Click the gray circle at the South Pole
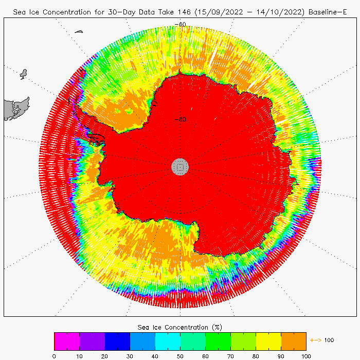pos(180,166)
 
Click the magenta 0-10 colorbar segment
pos(66,341)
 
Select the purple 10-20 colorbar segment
pos(92,341)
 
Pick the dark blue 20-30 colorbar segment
pos(117,341)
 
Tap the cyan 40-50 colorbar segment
pos(167,341)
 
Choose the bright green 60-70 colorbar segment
pos(218,341)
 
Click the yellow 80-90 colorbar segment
pos(268,341)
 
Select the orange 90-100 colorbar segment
pos(293,341)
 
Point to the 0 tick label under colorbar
pos(54,355)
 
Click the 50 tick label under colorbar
pos(180,355)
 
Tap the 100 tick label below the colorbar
pos(305,355)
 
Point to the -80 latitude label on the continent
pos(180,119)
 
